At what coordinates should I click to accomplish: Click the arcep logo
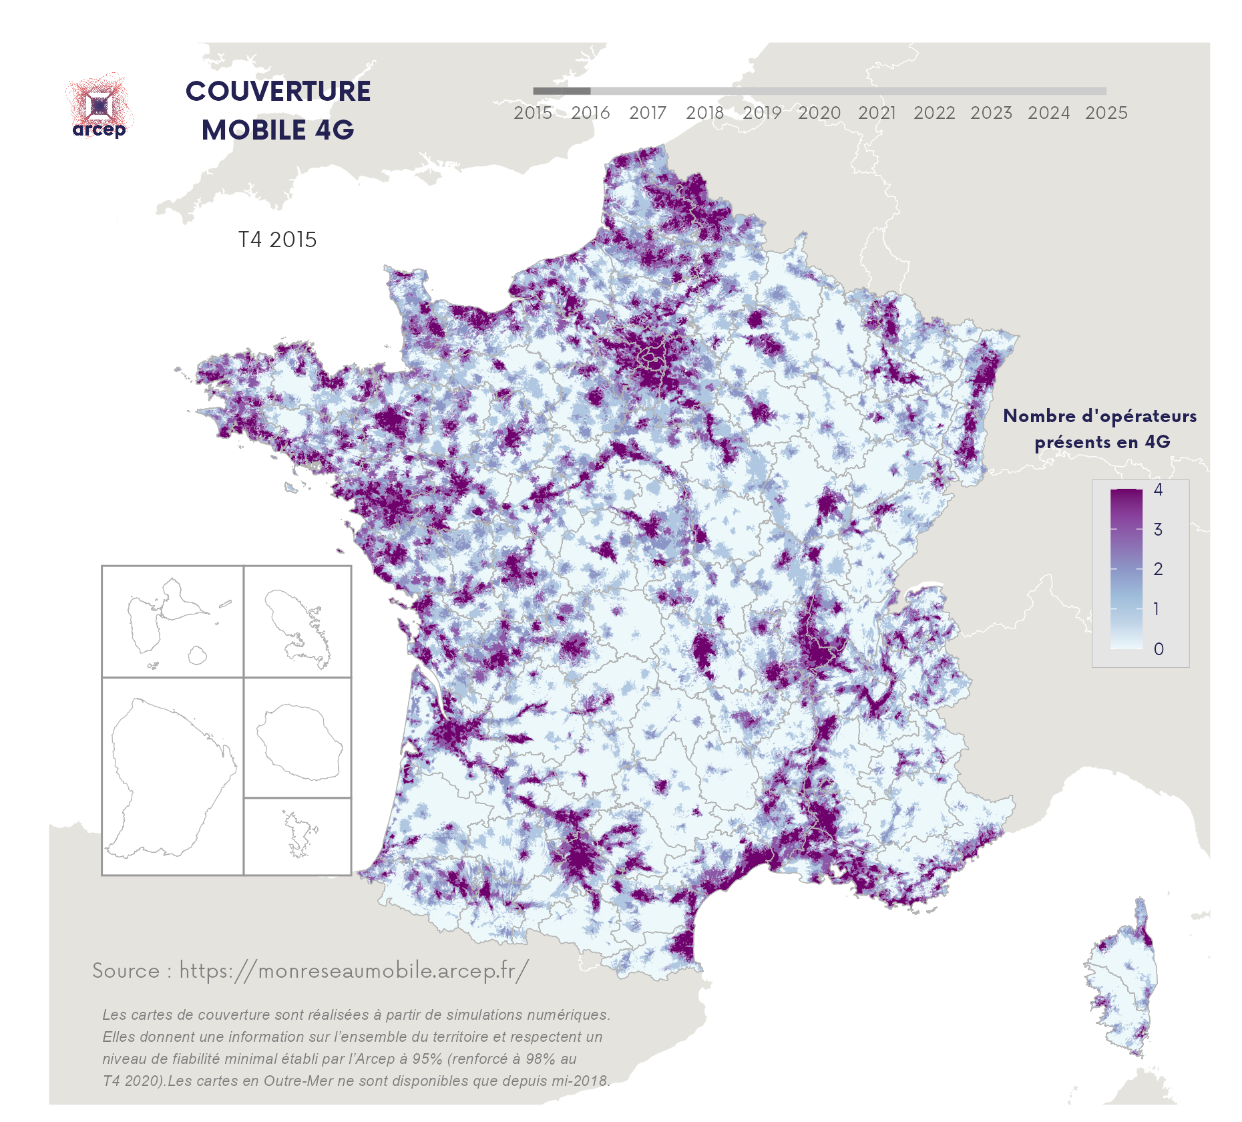pos(99,107)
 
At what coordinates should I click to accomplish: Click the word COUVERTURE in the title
pos(278,92)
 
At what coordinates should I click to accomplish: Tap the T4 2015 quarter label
pos(278,240)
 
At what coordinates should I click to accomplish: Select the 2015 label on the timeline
pos(532,113)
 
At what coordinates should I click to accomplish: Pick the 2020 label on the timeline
pos(819,113)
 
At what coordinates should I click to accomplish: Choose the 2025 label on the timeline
pos(1106,113)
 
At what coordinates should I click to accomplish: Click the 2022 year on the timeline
pos(934,113)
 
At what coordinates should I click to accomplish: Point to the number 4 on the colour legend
pos(1158,490)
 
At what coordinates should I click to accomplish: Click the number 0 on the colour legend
pos(1159,649)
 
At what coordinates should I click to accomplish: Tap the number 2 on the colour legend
pos(1159,569)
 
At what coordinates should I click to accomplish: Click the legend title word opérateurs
pos(1139,416)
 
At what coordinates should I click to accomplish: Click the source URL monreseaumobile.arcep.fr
pos(354,970)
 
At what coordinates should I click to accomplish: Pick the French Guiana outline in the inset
pos(170,775)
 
